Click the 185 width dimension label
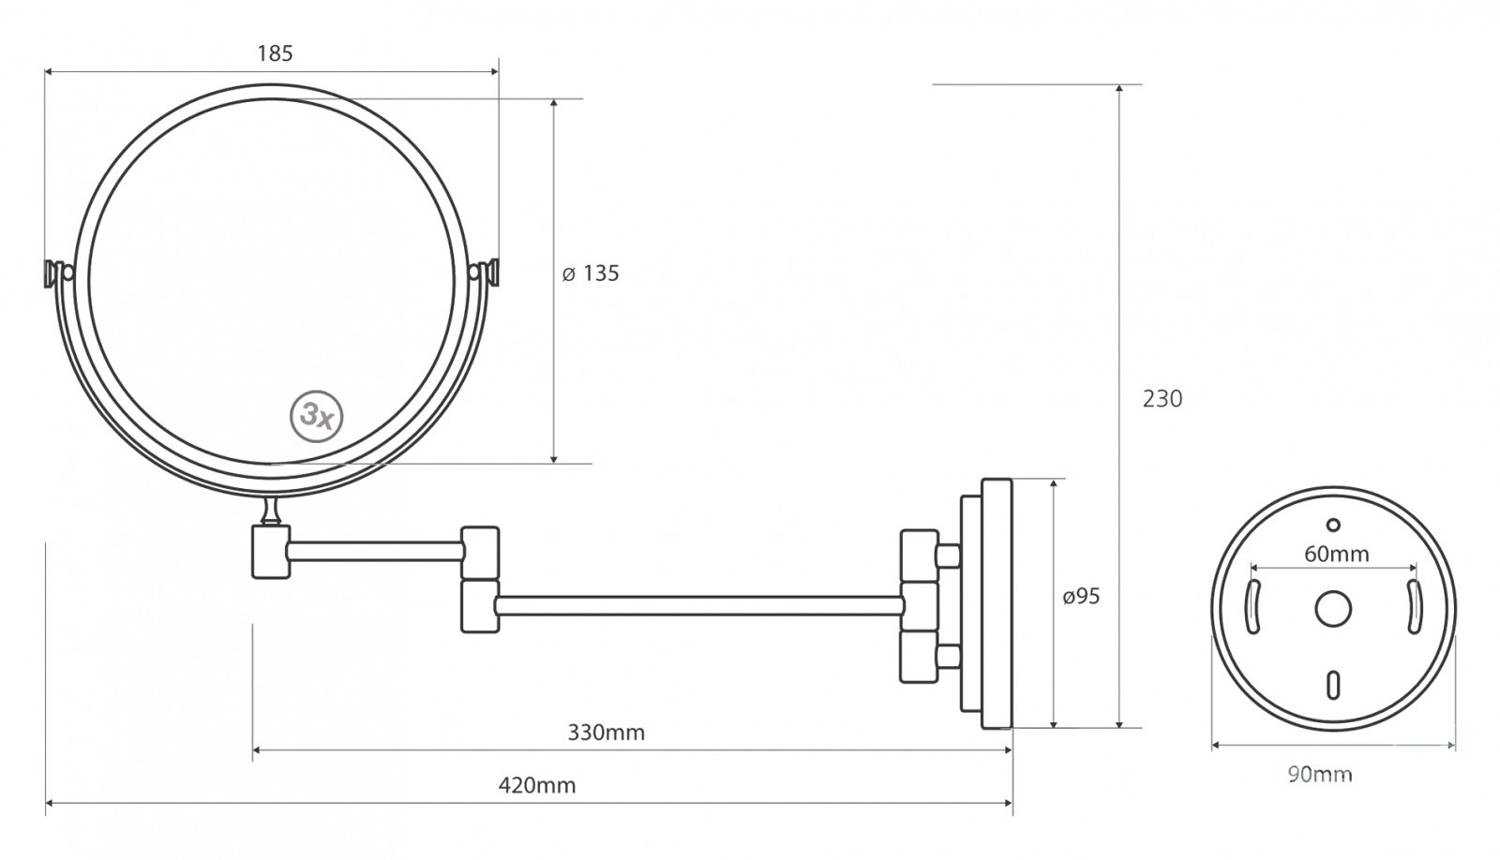click(x=276, y=53)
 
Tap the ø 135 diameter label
click(x=591, y=274)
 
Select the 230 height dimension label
click(x=1162, y=399)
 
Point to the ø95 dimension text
click(x=1082, y=596)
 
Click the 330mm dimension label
click(x=606, y=733)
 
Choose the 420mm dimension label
click(x=537, y=785)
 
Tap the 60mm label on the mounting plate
click(x=1337, y=555)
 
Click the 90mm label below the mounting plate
click(x=1320, y=775)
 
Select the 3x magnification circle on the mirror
click(x=316, y=417)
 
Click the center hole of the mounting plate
click(x=1332, y=609)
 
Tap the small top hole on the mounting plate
click(x=1333, y=526)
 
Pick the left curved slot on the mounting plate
click(x=1252, y=606)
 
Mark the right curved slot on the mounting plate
click(x=1414, y=606)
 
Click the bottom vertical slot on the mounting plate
click(x=1333, y=685)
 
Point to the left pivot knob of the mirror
click(x=58, y=273)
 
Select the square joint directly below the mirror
click(x=271, y=552)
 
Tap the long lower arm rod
click(x=699, y=606)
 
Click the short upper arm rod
click(x=376, y=552)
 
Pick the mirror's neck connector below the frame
click(x=272, y=512)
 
